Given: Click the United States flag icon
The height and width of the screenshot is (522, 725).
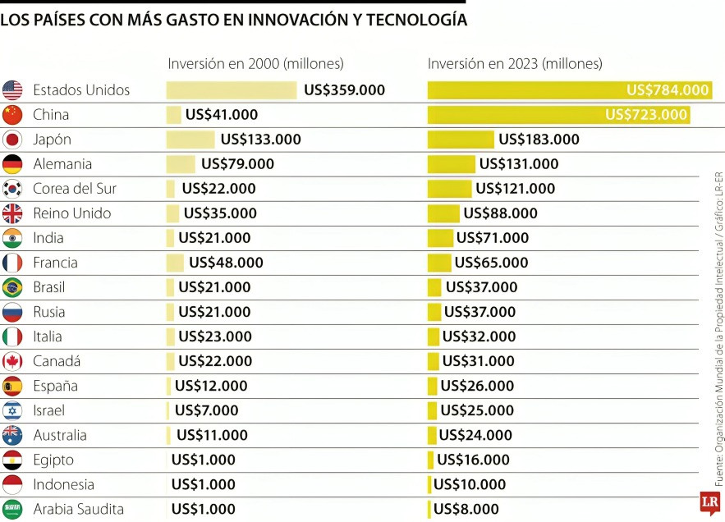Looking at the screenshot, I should click(x=12, y=90).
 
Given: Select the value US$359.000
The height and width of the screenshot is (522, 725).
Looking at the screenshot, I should click(x=344, y=90).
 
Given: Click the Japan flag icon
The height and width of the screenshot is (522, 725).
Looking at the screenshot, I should click(x=12, y=140).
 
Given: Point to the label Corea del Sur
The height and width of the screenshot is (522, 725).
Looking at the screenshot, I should click(x=75, y=189).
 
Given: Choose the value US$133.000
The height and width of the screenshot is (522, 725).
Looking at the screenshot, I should click(x=260, y=140).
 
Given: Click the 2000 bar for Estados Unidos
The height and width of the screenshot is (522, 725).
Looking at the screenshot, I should click(x=232, y=90).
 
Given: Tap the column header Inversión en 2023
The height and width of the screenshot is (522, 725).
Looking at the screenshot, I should click(x=515, y=63).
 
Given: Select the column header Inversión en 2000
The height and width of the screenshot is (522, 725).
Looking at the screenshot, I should click(x=255, y=63).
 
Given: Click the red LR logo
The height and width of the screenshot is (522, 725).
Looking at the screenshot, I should click(x=710, y=502).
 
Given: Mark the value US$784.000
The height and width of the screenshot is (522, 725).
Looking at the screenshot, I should click(x=668, y=90).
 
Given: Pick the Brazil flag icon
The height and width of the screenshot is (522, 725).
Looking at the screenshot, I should click(x=12, y=287).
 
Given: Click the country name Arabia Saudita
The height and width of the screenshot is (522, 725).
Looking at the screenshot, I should click(x=78, y=509).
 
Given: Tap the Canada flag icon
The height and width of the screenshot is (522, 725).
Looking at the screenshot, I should click(x=12, y=361).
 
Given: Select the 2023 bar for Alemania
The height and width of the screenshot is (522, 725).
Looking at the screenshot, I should click(x=451, y=164).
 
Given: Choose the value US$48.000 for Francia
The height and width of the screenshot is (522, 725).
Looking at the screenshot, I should click(x=226, y=263).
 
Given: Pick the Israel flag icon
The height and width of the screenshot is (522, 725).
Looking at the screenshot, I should click(x=12, y=410).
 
